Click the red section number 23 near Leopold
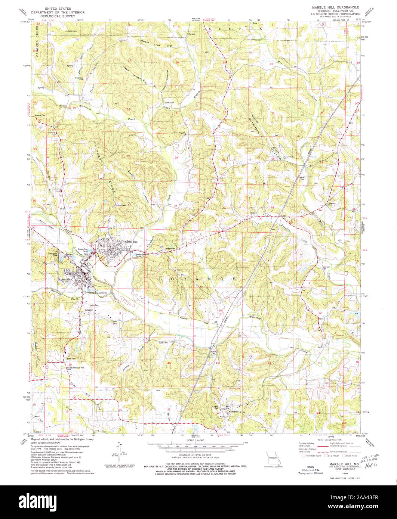[270, 414]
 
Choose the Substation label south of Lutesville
[89, 310]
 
